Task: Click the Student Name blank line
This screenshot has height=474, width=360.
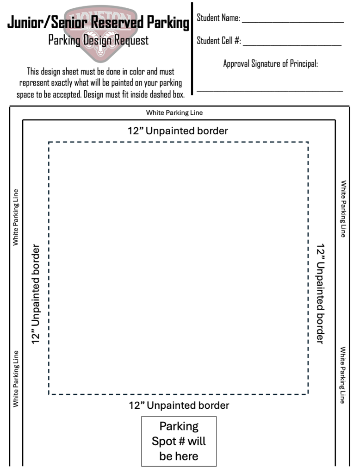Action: tap(293, 22)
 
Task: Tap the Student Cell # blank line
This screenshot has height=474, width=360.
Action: tap(292, 45)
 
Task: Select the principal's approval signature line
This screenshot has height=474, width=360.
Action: tap(270, 90)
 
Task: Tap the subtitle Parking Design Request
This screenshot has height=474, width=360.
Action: tap(98, 40)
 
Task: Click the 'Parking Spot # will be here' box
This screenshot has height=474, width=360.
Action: tap(179, 441)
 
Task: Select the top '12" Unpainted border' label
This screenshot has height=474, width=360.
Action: tap(178, 131)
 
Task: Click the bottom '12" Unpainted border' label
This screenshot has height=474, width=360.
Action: tap(179, 405)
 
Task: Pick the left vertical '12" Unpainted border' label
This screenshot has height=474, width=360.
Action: tap(36, 294)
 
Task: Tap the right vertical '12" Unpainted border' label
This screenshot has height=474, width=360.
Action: tap(320, 293)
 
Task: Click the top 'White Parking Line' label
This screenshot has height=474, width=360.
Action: tap(174, 113)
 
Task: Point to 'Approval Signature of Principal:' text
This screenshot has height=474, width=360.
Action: tap(271, 63)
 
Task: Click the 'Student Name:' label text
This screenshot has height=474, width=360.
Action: tap(218, 18)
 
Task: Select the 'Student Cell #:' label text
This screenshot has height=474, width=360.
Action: tap(219, 41)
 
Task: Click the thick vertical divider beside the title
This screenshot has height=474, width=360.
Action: tap(192, 49)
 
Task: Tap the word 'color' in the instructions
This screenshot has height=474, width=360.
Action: tap(137, 72)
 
